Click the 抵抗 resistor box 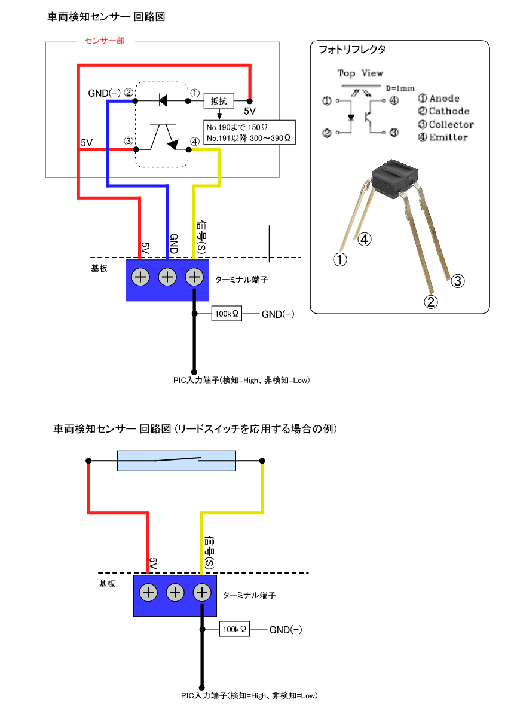click(219, 101)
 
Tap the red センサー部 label click(105, 42)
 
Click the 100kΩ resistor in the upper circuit click(227, 314)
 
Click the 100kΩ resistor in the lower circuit click(234, 629)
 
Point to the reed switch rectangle click(178, 461)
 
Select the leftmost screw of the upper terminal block click(140, 277)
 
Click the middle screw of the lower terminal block click(175, 593)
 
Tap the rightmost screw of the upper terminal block click(194, 277)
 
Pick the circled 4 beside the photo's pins click(365, 240)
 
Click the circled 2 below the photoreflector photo click(431, 302)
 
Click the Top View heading click(360, 73)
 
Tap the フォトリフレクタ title click(353, 50)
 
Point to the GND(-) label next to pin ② click(104, 93)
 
